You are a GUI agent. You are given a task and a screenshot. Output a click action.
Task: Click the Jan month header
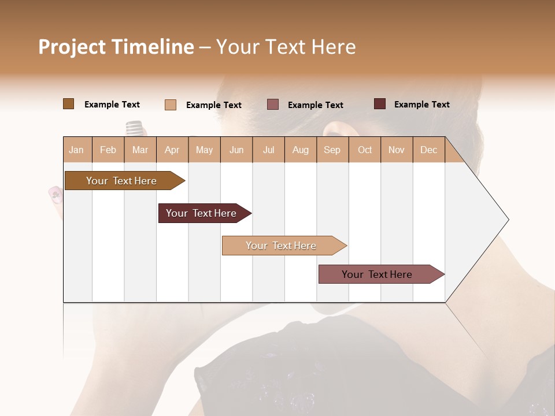[x=77, y=150]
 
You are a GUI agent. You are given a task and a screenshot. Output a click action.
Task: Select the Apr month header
[x=172, y=150]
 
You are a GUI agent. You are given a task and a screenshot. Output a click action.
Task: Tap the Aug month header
[x=300, y=150]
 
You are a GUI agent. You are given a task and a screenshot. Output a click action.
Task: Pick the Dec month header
[x=428, y=150]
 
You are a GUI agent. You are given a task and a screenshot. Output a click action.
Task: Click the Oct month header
[x=365, y=150]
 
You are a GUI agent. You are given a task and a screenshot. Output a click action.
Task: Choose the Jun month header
[x=236, y=150]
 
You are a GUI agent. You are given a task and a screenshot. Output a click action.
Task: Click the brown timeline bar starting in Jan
[x=122, y=181]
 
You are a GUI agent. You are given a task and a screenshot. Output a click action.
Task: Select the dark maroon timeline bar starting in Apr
[x=202, y=213]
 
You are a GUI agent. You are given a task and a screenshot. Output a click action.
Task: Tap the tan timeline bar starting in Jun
[x=282, y=246]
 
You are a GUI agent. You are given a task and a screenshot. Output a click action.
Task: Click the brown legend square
[x=68, y=104]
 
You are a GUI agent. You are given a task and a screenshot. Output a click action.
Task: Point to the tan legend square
[x=170, y=105]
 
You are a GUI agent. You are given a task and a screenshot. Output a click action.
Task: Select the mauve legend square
[x=273, y=105]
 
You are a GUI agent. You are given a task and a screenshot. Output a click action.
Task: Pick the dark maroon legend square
[x=379, y=104]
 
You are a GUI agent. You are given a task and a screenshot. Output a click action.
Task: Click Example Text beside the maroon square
[x=421, y=105]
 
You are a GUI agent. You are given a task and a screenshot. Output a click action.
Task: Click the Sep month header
[x=332, y=150]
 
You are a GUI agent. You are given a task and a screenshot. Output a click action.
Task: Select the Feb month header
[x=108, y=150]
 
